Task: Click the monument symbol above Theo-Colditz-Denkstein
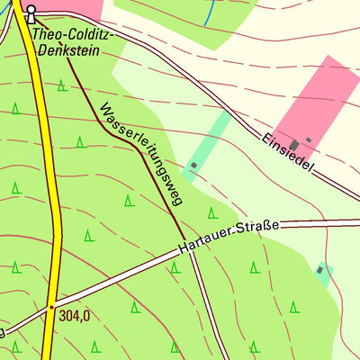[x=31, y=13]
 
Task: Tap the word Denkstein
[x=67, y=50]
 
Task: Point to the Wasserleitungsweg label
[x=141, y=154]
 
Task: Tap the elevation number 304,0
[x=76, y=316]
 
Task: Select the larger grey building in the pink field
[x=294, y=145]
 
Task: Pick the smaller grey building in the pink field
[x=308, y=139]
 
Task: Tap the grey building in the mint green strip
[x=193, y=165]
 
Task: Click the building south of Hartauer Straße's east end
[x=319, y=269]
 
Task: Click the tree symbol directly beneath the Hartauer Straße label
[x=255, y=266]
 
